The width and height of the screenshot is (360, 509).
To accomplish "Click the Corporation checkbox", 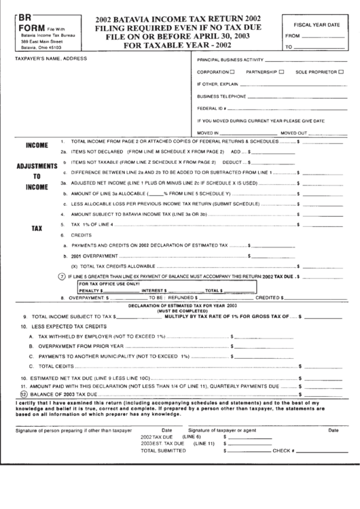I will [x=234, y=71].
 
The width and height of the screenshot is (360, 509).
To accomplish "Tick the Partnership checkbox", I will [x=281, y=71].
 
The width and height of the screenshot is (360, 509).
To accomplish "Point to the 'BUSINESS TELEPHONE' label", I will [x=220, y=96].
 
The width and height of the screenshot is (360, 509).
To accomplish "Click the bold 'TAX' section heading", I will [x=37, y=229].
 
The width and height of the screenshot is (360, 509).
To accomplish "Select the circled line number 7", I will [x=62, y=277].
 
